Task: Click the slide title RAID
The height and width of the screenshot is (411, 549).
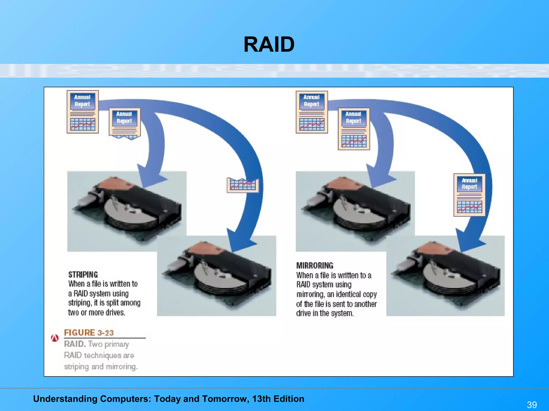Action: pos(269,45)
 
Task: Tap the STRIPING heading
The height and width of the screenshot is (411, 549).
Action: pos(83,275)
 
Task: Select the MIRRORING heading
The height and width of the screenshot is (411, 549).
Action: pos(315,265)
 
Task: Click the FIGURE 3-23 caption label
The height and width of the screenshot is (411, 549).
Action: pos(89,333)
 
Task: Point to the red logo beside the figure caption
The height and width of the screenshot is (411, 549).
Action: pos(55,338)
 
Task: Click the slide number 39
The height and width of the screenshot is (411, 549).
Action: pos(532,405)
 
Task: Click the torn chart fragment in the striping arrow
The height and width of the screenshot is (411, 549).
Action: pos(243,185)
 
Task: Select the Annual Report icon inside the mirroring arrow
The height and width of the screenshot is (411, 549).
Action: pos(469,195)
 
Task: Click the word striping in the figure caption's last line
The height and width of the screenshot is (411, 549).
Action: pos(76,367)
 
